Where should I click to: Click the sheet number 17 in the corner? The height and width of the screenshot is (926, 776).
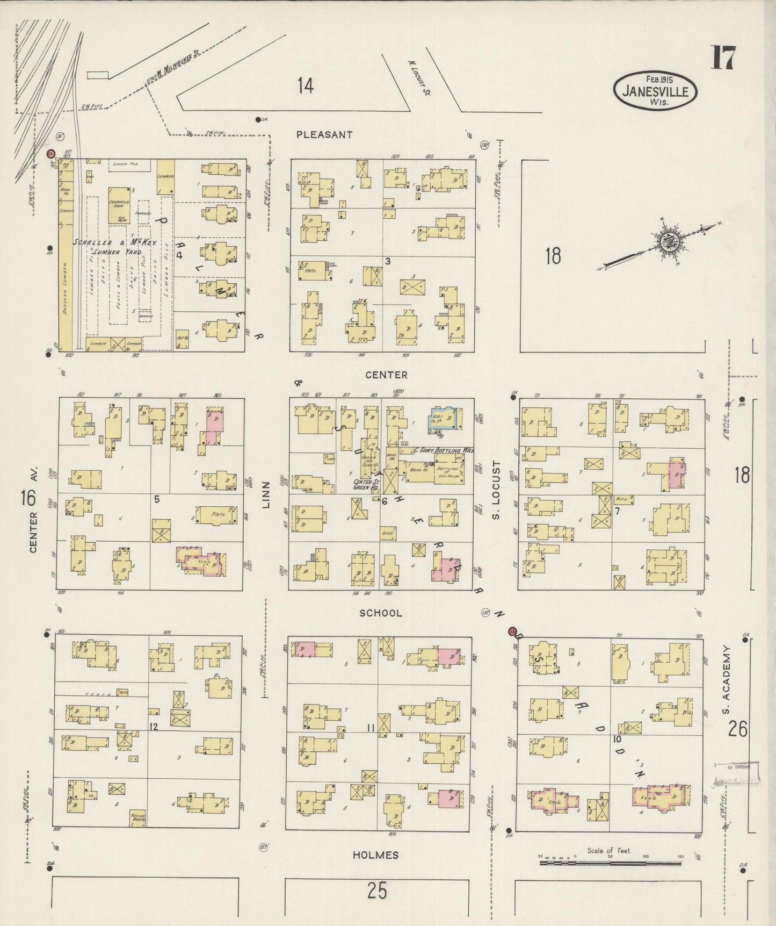click(x=723, y=58)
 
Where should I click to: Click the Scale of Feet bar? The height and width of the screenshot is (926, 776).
click(x=610, y=863)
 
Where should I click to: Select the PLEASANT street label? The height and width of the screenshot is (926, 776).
click(x=324, y=135)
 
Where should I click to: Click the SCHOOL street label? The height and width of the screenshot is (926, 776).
click(x=380, y=613)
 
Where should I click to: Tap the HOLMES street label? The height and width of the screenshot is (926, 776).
click(x=376, y=855)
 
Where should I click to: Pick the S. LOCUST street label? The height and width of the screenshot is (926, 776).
click(x=496, y=491)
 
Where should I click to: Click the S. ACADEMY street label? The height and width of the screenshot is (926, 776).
click(x=726, y=680)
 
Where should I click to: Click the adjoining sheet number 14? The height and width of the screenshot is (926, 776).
click(x=305, y=86)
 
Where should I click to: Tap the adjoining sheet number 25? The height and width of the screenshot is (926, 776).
click(x=377, y=891)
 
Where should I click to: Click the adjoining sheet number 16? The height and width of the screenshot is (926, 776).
click(x=28, y=498)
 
